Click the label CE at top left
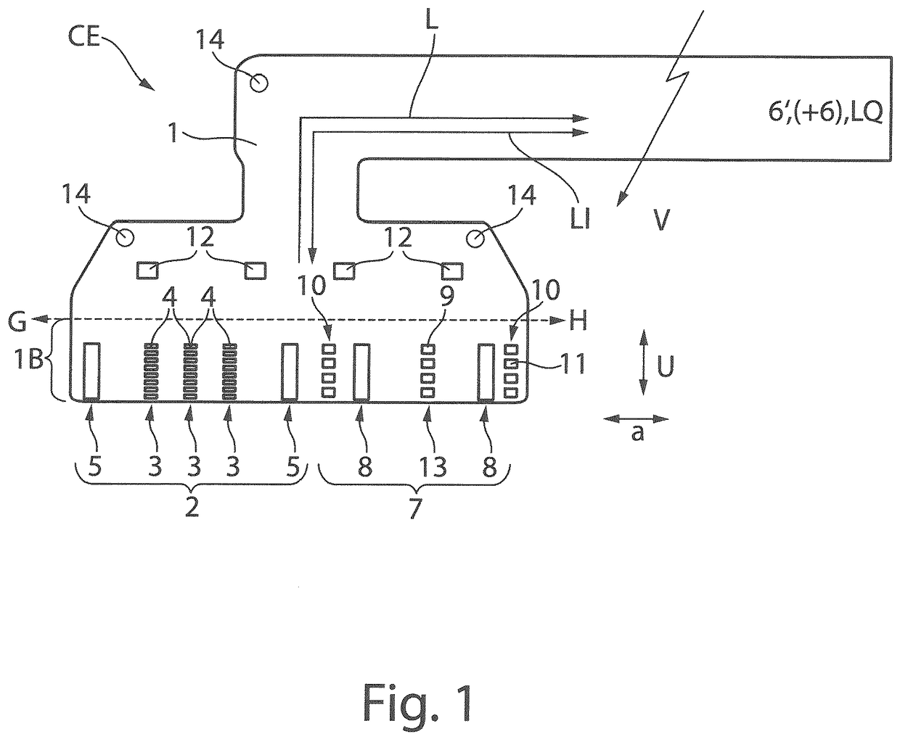point(83,36)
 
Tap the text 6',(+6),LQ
point(825,113)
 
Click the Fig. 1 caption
point(418,702)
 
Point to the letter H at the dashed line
point(578,321)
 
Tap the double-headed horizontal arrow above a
point(636,419)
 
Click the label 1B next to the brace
point(29,360)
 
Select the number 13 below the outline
point(433,466)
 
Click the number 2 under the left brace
point(192,508)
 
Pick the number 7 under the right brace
point(415,508)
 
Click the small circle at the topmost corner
point(258,82)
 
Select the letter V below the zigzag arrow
point(660,220)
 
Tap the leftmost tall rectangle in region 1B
point(91,372)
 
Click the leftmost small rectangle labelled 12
point(147,271)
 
